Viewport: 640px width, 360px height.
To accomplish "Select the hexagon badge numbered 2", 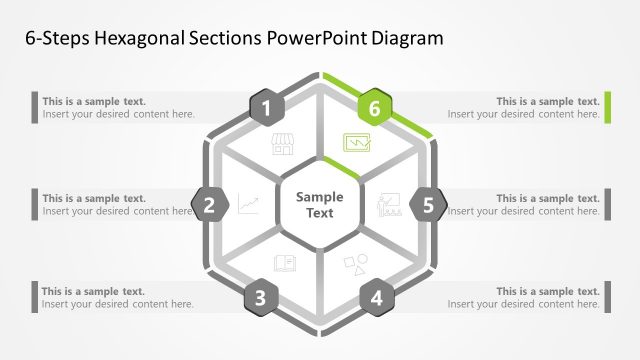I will (x=210, y=206).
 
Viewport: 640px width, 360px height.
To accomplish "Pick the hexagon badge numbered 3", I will (x=260, y=297).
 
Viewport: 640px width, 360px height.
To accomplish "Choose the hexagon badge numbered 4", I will (x=376, y=297).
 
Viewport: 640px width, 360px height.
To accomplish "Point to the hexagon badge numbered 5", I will (x=428, y=206).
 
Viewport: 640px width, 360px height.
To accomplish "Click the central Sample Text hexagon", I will (x=319, y=205).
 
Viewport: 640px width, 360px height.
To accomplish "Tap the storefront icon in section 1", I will (x=283, y=145).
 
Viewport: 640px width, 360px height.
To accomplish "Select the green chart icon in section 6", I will (x=357, y=144).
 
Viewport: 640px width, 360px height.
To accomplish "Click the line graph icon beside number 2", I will (x=249, y=205).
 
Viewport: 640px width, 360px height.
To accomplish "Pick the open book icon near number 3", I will (x=284, y=264).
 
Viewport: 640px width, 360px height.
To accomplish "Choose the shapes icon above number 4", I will (x=355, y=265).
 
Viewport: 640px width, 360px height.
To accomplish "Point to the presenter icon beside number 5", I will (x=388, y=206).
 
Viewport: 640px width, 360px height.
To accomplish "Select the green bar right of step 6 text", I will (x=608, y=107).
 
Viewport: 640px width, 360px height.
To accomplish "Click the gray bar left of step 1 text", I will (x=34, y=107).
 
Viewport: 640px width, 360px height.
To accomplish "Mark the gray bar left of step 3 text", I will (x=34, y=297).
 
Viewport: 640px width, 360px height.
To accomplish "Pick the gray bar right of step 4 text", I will (x=608, y=297).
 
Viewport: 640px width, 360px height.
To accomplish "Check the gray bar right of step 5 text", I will (x=608, y=204).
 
